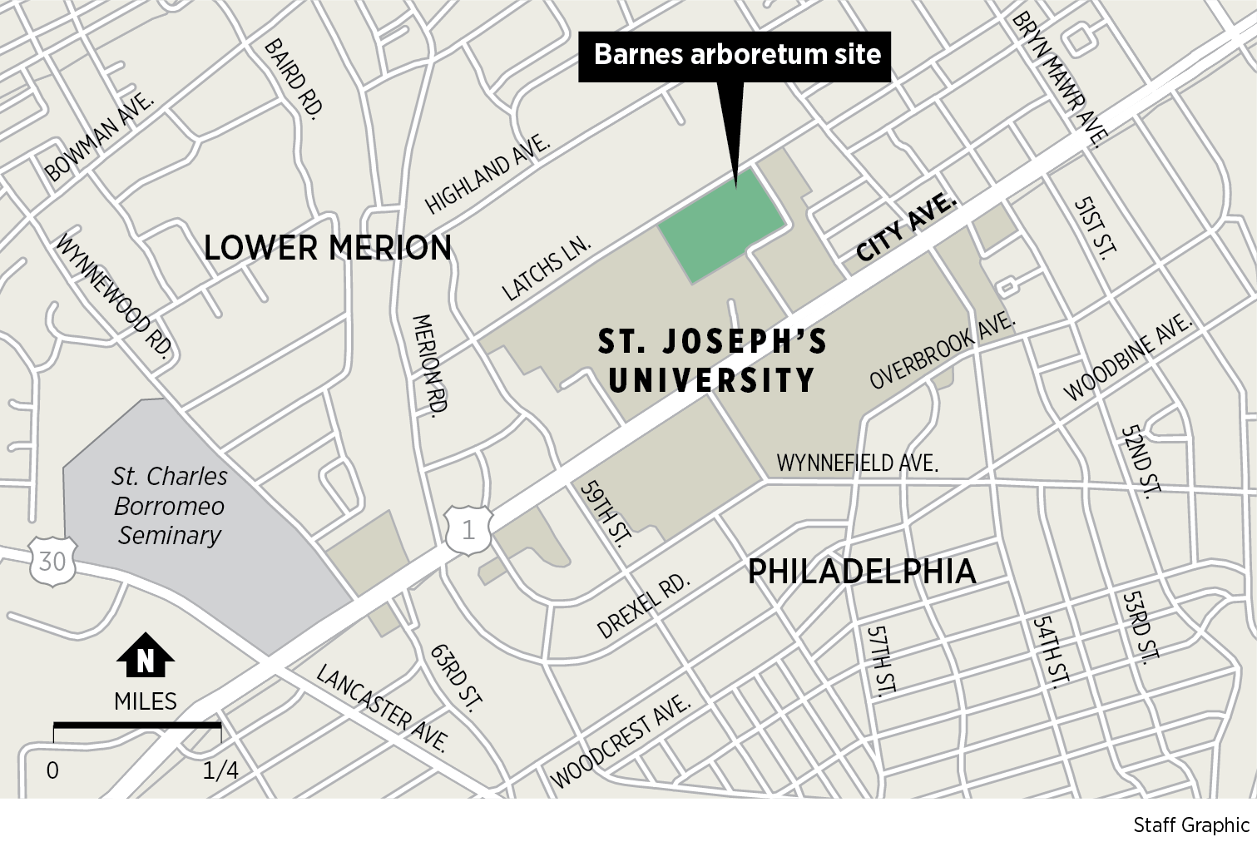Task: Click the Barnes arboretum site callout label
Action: (x=736, y=56)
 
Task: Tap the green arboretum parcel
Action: (x=720, y=225)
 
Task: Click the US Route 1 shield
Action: (x=468, y=530)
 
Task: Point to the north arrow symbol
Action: (x=146, y=657)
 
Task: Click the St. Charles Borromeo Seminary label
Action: (x=170, y=506)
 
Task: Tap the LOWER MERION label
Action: (x=328, y=247)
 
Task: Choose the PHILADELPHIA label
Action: (x=862, y=572)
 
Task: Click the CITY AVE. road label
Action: (x=907, y=227)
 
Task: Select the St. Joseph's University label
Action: (x=713, y=361)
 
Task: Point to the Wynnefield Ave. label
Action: (x=857, y=463)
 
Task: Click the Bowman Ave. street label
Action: (x=101, y=137)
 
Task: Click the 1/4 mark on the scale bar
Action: (x=220, y=770)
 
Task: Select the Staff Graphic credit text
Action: (x=1191, y=825)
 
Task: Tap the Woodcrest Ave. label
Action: (x=621, y=741)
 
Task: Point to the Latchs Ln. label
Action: (x=547, y=268)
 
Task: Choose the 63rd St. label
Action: (x=456, y=677)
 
